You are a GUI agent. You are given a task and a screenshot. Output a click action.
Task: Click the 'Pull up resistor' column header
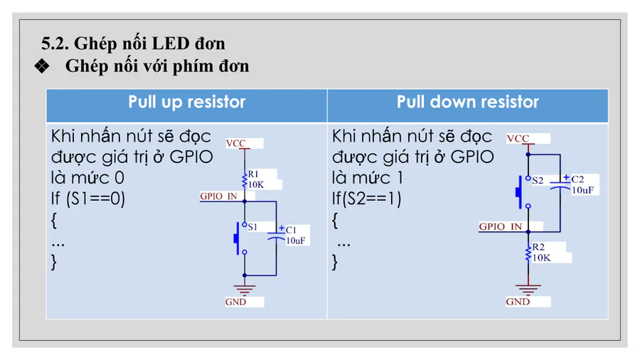point(186,102)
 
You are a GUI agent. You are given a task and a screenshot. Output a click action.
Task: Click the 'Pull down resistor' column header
point(467,102)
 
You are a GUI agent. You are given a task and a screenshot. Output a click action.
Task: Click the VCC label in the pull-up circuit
point(235,144)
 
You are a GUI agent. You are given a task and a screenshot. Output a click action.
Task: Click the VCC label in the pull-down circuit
point(518,139)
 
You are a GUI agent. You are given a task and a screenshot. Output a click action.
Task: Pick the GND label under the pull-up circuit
point(235,302)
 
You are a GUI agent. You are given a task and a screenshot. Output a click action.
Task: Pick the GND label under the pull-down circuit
point(518,302)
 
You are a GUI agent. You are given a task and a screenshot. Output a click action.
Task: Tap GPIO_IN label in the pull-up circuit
point(218,196)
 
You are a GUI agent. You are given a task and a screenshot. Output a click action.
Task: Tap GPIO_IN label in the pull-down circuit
point(500,227)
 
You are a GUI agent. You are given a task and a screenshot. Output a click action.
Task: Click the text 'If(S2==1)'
point(366,198)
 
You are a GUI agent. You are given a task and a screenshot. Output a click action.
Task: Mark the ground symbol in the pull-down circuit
point(528,289)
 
